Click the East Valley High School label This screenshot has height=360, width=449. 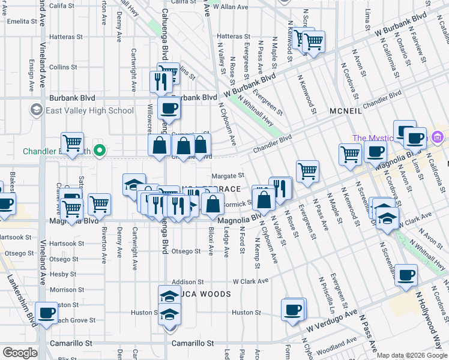pyautogui.click(x=89, y=110)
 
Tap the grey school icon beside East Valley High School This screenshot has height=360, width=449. pyautogui.click(x=37, y=110)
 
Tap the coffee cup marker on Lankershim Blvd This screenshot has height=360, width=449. pyautogui.click(x=46, y=313)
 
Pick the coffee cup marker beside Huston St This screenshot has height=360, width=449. pyautogui.click(x=293, y=310)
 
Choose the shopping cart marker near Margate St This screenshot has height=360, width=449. pyautogui.click(x=307, y=171)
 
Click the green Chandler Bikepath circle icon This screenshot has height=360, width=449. pyautogui.click(x=101, y=151)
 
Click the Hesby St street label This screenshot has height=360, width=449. pyautogui.click(x=63, y=274)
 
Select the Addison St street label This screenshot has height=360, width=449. pyautogui.click(x=184, y=281)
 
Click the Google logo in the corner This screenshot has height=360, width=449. pyautogui.click(x=20, y=353)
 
